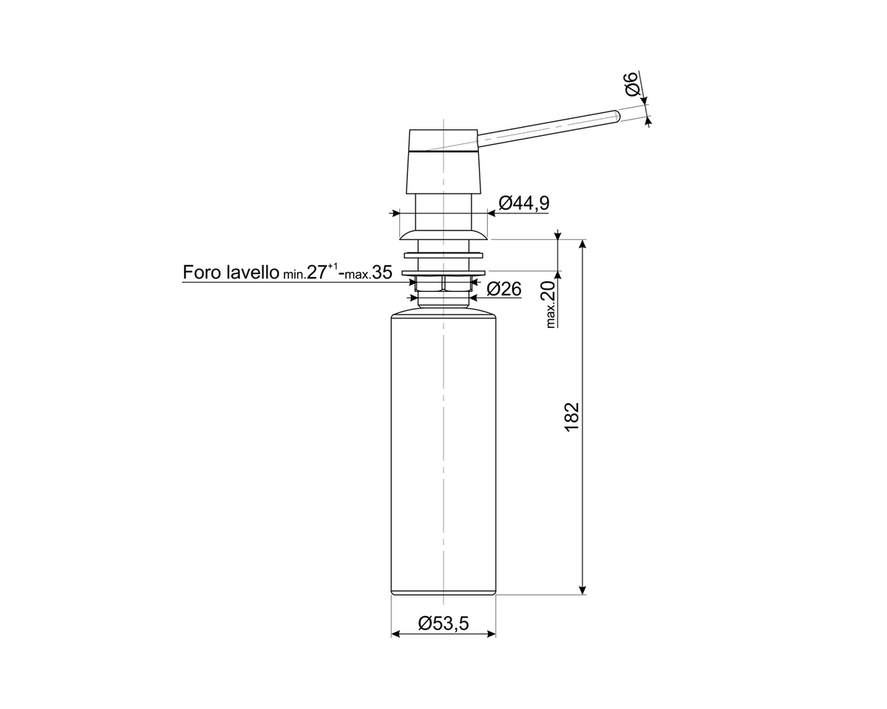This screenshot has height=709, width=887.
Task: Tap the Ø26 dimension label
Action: coord(503,289)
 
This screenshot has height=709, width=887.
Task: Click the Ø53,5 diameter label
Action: coord(443,623)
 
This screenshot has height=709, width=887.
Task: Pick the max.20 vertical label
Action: coord(551,304)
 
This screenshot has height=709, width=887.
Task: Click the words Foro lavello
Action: coord(231,273)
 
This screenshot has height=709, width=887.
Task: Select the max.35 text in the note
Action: coord(369,273)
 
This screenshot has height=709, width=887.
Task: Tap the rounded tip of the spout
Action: coord(617,115)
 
